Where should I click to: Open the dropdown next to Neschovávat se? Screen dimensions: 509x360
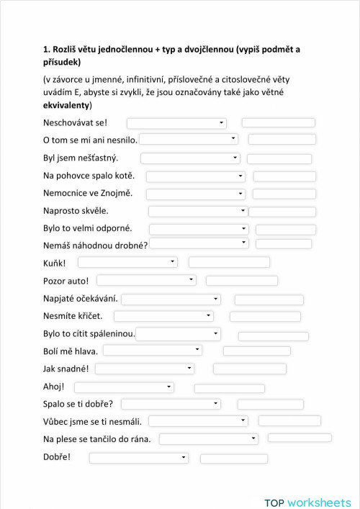tap(176, 123)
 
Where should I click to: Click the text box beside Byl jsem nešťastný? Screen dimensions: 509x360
tap(279, 158)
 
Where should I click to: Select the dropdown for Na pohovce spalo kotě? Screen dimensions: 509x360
tap(195, 176)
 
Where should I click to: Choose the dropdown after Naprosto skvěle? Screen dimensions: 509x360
tap(198, 211)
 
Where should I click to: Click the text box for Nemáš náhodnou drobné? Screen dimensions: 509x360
tap(284, 244)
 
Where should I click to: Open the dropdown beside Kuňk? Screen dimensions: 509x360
tap(127, 262)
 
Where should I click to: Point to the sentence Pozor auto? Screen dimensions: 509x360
tap(66, 280)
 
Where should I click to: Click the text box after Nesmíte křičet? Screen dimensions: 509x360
tap(264, 316)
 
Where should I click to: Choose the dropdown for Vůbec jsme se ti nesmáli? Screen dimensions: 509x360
tap(198, 421)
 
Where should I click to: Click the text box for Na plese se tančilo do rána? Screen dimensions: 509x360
tap(300, 438)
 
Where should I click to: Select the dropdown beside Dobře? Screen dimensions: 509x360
tap(139, 457)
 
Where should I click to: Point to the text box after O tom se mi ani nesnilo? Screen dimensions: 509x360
tap(282, 140)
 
